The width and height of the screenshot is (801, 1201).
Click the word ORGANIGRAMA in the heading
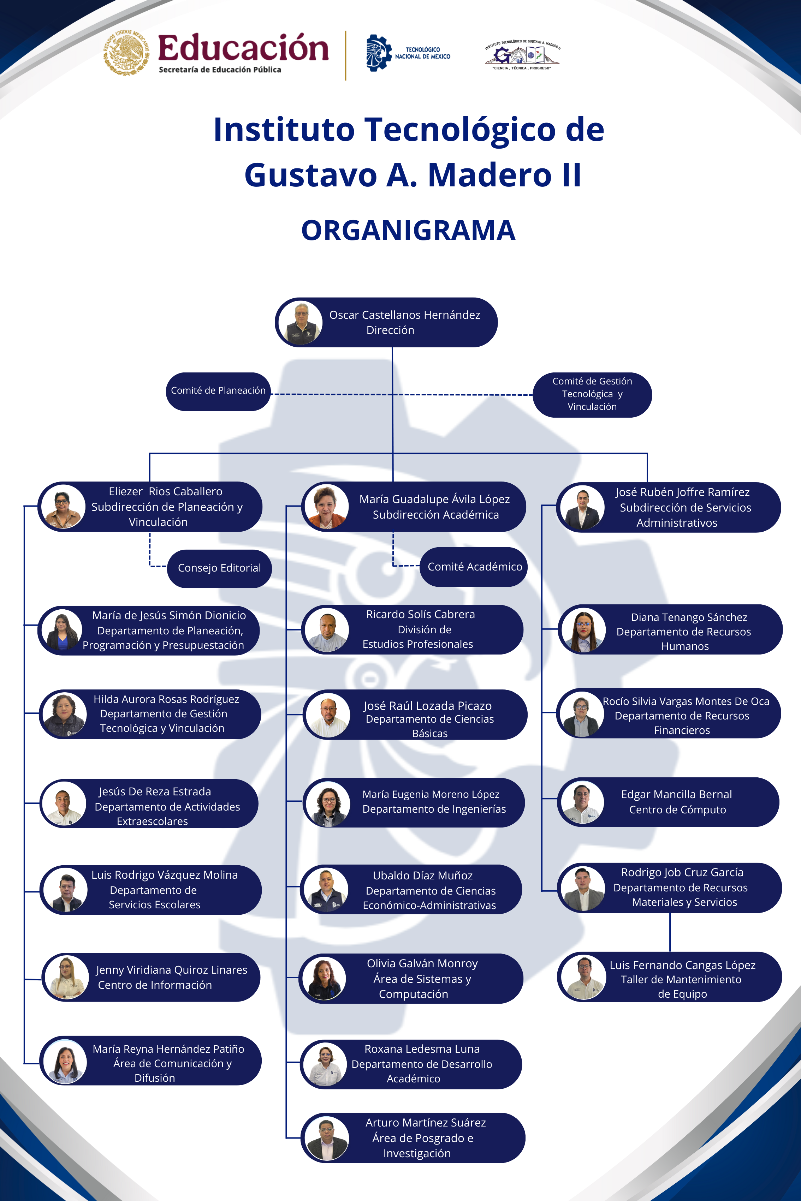coord(408,230)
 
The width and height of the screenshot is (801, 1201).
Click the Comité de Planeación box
coord(218,391)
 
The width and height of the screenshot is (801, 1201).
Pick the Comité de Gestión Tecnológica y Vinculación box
coord(592,394)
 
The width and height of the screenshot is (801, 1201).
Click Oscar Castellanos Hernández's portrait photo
coord(301,323)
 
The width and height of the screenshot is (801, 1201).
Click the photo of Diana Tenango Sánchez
coord(583,630)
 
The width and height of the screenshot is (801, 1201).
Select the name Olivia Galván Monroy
coord(422,963)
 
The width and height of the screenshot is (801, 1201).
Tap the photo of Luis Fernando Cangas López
coord(583,977)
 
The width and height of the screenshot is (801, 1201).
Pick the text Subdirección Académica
coord(436,515)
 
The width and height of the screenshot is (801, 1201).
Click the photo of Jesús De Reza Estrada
coord(63,803)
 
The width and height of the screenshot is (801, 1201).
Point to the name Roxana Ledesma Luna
coord(422,1049)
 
